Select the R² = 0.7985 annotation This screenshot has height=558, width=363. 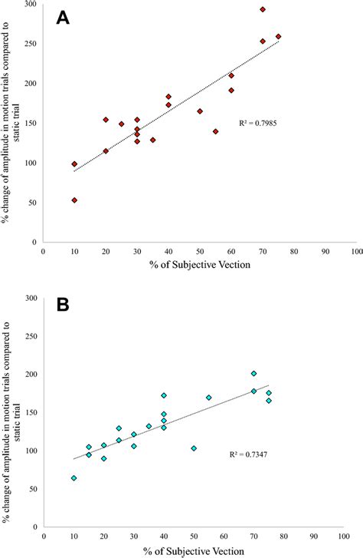(x=259, y=122)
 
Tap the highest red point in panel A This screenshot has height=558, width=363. (x=263, y=10)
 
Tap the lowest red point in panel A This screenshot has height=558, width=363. (x=74, y=200)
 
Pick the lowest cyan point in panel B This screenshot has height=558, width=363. (x=74, y=478)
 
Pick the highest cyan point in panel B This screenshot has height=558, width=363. (x=254, y=374)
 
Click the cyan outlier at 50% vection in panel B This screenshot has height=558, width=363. (x=194, y=448)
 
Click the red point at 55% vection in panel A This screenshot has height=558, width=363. (x=216, y=132)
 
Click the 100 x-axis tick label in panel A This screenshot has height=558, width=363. (x=355, y=251)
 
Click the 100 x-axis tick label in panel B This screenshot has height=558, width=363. (x=355, y=537)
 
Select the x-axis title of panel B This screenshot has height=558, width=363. (x=199, y=550)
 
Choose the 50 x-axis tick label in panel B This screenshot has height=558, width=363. (x=194, y=537)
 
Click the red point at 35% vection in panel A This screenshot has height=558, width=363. (x=153, y=140)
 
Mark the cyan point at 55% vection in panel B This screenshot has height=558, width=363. (x=209, y=398)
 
